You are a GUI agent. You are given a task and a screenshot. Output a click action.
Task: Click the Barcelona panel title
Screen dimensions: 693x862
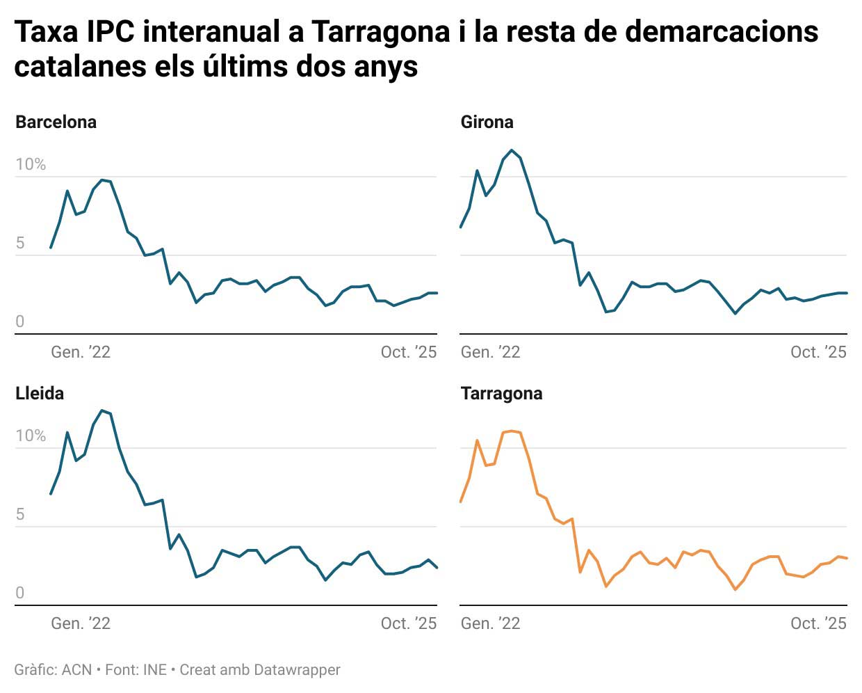coord(56,122)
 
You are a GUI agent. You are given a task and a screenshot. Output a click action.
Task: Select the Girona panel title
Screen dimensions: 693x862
coord(487,122)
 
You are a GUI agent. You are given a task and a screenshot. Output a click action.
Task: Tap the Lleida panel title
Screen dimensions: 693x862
coord(40,394)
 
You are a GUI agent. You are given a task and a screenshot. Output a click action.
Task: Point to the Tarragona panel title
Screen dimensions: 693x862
coord(501,394)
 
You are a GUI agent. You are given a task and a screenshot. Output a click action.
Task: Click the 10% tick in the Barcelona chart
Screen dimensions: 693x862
coord(31,165)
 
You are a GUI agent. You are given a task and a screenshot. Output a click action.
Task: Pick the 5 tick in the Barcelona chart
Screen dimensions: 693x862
coord(20,244)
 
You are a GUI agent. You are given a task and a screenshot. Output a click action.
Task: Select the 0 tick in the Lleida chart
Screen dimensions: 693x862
coord(20,593)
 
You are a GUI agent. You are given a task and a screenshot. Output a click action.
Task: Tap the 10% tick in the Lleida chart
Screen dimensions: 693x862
coord(31,436)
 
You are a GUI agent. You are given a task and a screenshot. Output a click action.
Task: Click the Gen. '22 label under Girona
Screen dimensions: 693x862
coord(490,353)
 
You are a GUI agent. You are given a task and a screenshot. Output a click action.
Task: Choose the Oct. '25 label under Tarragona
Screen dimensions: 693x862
coord(818,624)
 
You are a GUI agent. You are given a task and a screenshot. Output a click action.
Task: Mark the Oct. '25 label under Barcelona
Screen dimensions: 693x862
coord(409,353)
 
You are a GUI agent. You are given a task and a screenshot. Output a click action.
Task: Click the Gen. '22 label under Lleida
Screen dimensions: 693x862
coord(81,624)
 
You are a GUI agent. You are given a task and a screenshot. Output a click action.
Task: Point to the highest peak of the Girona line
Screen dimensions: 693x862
coord(512,150)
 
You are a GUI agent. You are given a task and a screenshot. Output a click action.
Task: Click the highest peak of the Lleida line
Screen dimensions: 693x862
coord(102,411)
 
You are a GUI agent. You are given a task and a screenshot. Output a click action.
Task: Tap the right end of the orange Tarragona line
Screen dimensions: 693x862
coord(847,558)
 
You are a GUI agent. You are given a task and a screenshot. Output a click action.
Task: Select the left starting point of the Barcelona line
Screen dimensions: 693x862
coord(51,248)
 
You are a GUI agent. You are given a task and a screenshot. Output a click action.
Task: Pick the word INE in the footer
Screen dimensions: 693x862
coord(154,670)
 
